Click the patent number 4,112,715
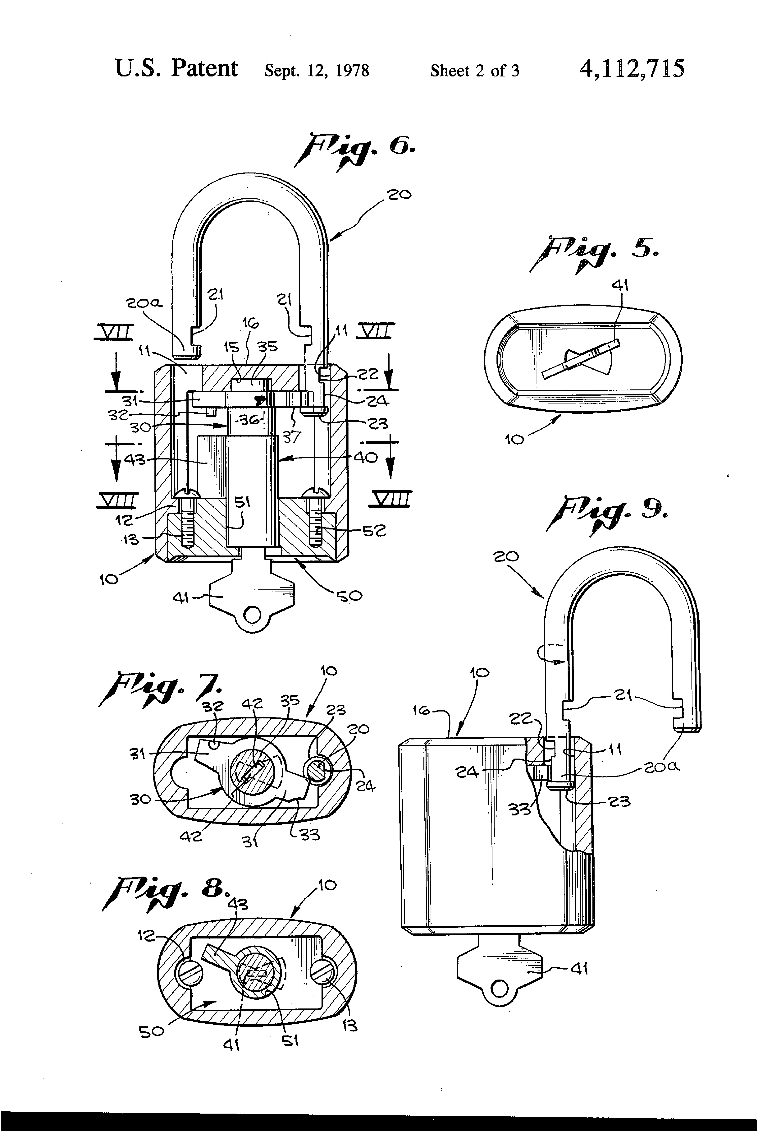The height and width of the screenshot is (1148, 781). click(632, 69)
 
